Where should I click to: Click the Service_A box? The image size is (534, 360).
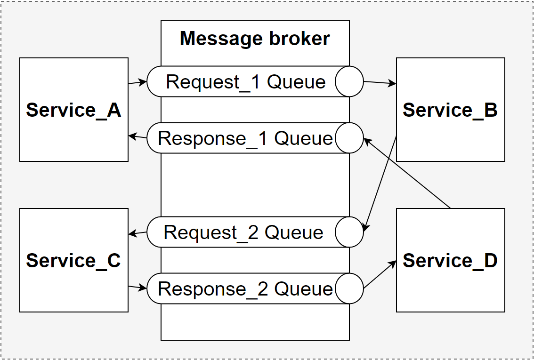point(74,110)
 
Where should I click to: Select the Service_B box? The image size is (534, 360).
point(450,110)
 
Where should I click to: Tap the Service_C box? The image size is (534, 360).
point(74,260)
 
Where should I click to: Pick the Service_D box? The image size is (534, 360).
point(450,260)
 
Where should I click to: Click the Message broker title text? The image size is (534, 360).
point(255,39)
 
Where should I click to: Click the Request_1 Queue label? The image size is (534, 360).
point(246,82)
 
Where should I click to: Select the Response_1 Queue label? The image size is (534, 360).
point(245,138)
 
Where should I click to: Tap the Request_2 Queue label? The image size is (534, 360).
point(243,232)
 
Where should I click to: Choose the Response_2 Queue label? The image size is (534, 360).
point(245,289)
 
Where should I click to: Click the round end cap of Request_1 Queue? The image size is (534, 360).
point(349,81)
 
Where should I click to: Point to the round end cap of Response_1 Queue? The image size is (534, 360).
point(349,138)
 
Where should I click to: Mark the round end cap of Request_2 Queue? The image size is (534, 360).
point(349,232)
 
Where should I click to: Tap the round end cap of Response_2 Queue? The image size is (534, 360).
point(349,288)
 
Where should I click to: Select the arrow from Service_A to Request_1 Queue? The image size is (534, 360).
point(138,83)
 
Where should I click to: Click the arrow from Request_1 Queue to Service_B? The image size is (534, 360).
point(380,83)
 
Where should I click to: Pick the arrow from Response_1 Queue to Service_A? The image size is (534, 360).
point(138,137)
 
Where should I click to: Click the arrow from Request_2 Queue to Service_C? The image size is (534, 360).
point(138,233)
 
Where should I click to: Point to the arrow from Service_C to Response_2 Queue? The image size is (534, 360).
point(138,287)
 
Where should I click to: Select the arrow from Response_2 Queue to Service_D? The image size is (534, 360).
point(380,275)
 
